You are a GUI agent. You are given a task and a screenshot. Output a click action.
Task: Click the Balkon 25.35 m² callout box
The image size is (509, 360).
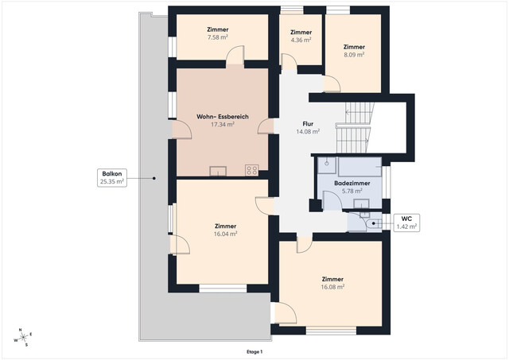[111, 177]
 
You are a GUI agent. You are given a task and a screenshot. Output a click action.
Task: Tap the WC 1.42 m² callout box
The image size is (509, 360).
[406, 222]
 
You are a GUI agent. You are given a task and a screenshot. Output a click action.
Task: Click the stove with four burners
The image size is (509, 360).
[252, 169]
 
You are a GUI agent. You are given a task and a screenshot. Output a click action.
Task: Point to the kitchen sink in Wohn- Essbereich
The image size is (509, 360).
[217, 170]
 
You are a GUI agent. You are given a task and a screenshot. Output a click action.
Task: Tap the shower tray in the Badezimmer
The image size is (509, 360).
[327, 167]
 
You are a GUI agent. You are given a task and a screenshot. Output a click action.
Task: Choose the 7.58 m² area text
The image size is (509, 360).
[217, 37]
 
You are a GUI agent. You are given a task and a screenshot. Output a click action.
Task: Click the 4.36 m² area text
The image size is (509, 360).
[301, 39]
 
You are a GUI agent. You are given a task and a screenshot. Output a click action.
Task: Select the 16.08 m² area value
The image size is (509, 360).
[332, 287]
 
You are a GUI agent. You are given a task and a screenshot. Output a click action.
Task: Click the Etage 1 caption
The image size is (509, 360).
[254, 351]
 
